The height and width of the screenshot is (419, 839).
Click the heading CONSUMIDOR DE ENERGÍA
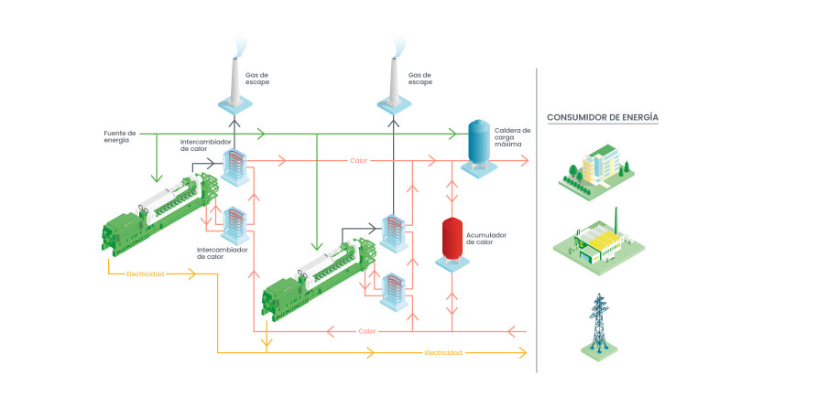tap(602, 117)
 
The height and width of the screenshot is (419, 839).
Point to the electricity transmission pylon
tap(598, 326)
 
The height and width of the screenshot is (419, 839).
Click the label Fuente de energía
tap(120, 137)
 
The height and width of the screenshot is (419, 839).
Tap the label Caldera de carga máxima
tap(512, 137)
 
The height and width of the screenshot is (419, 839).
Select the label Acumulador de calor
tap(485, 239)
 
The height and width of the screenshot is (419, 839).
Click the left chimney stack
tap(234, 85)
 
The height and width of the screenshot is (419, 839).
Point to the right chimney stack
tap(394, 85)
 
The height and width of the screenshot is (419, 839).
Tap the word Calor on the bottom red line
tap(367, 330)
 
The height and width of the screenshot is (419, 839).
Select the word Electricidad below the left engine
tap(147, 274)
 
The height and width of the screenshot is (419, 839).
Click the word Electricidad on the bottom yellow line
tap(443, 352)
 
